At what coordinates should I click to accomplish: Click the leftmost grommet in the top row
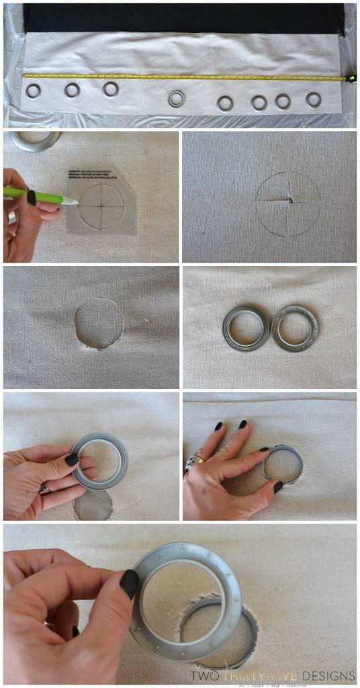[x=32, y=90]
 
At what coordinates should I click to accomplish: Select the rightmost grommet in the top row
[x=314, y=100]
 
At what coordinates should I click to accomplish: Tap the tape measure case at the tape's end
[x=350, y=78]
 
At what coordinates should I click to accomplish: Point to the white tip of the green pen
[x=72, y=201]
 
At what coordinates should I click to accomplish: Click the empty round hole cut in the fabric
[x=99, y=323]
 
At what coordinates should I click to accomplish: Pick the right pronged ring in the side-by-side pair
[x=295, y=328]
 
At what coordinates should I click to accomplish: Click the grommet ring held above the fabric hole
[x=101, y=460]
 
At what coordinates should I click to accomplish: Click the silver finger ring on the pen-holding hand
[x=13, y=216]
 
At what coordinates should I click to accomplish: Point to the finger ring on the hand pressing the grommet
[x=191, y=460]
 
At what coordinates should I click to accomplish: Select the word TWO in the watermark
[x=204, y=675]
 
